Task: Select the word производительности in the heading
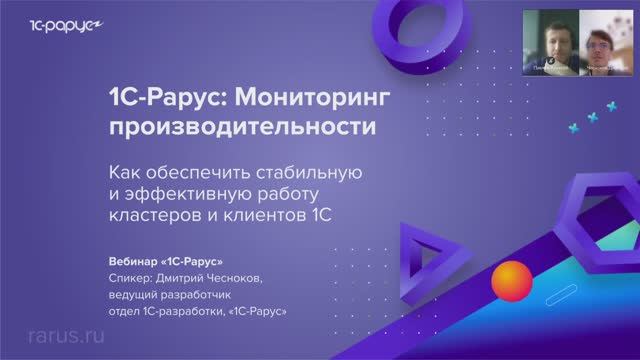point(244,129)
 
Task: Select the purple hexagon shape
point(594,209)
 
